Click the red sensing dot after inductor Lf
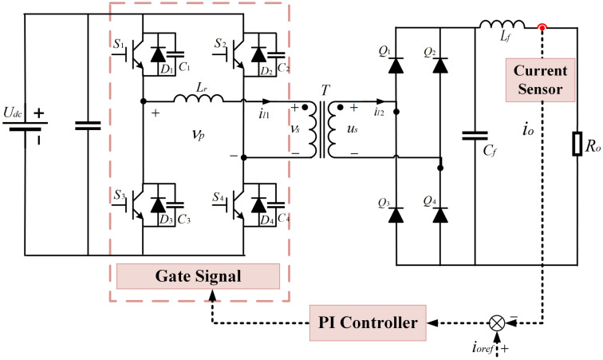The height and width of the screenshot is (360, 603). point(543,28)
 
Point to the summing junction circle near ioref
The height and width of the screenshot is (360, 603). point(497,323)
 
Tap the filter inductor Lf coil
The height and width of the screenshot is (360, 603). point(502,25)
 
